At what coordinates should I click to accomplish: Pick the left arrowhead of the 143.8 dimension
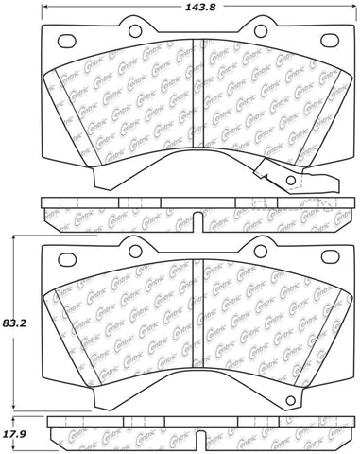[45, 9]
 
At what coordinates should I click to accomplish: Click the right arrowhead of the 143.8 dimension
[342, 9]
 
